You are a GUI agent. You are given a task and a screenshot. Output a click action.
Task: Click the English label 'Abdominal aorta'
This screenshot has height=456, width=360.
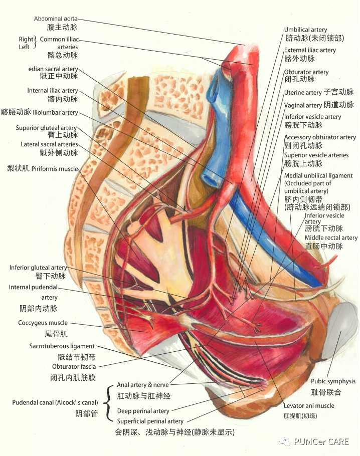point(56,19)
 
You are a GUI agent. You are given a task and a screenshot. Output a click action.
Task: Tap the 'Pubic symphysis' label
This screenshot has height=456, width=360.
point(333,381)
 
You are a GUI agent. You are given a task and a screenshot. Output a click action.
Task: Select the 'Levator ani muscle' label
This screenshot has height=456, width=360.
point(308,406)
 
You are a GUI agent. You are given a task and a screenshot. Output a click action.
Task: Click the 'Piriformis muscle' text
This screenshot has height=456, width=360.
point(55,169)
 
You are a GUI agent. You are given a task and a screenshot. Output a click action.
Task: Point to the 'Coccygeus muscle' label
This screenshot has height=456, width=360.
point(43,323)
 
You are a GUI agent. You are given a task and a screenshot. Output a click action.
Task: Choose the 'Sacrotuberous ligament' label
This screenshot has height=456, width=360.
point(62,346)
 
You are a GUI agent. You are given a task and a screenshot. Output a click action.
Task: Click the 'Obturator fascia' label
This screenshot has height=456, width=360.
point(74,367)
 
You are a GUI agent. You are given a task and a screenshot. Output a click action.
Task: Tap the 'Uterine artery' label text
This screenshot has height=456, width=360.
point(303,93)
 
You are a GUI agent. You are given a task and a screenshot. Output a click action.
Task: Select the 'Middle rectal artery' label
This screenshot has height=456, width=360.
point(331,238)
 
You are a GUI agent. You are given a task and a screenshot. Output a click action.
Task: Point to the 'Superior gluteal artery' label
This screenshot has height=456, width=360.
point(46,128)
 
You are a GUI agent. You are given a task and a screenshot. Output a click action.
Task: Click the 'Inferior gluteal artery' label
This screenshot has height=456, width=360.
point(38,268)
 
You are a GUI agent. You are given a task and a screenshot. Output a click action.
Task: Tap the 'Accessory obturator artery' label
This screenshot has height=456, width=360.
point(320,137)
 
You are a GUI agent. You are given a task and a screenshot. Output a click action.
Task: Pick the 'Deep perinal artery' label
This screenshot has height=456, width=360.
point(143,411)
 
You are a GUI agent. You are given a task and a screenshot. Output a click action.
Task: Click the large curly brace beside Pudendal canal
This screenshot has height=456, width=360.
point(107,402)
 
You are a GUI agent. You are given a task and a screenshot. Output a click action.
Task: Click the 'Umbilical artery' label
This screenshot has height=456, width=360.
point(305,30)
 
